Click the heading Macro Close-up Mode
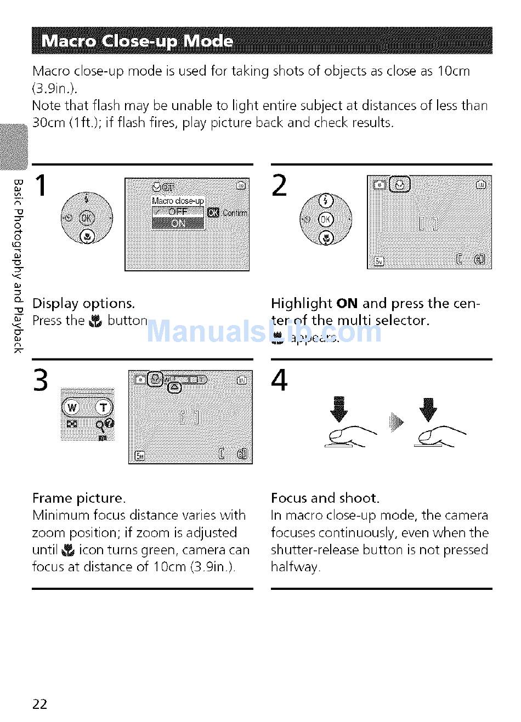tap(137, 42)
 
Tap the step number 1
tap(41, 185)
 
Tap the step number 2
tap(279, 185)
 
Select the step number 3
tap(41, 380)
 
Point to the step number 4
tap(279, 380)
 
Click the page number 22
tap(40, 704)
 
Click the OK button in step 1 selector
tap(87, 218)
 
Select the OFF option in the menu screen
tap(178, 212)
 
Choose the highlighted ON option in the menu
tap(178, 223)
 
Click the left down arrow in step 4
tap(339, 410)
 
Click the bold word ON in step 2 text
tap(347, 304)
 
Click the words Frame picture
tap(79, 498)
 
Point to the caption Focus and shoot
tap(325, 498)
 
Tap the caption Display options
tap(83, 304)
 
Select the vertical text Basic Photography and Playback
tap(18, 266)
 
